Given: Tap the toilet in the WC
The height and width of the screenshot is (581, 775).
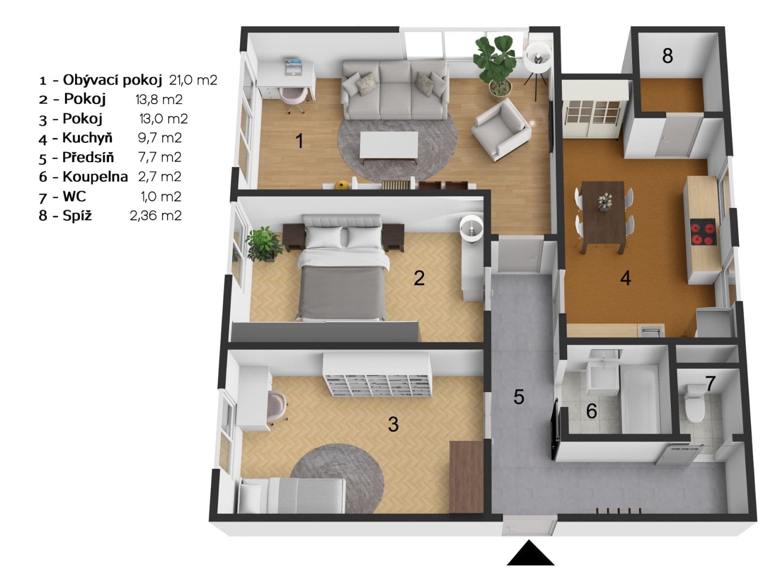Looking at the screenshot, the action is pos(694,403).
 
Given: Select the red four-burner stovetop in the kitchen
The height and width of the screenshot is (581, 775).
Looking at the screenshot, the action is pos(703,232).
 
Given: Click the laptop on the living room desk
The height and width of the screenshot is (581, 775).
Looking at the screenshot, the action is pos(293,67).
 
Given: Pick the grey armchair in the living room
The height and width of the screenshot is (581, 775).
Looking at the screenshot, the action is pos(501,129).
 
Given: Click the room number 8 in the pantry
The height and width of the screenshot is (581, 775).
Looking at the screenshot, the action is pos(667,56).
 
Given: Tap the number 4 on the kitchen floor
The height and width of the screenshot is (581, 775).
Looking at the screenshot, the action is pos(625,278).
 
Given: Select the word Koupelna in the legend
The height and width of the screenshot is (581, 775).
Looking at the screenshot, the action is pos(95,177).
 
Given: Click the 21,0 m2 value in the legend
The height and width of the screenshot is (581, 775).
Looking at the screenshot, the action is pos(193,80).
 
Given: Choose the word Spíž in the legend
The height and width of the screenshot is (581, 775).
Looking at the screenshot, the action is pos(77,215).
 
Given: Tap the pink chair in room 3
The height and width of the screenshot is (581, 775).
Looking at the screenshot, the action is pos(277,407).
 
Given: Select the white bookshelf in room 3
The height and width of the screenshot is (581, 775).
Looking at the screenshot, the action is pos(377,374).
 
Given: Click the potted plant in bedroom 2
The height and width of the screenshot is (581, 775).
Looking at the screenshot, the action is pos(264,244).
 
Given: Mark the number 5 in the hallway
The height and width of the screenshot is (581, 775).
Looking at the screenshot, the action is pos(518,397).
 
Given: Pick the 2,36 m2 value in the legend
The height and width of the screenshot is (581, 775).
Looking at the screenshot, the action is pos(155,215).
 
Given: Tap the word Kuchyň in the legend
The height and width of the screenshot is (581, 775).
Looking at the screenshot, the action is pos(87,138).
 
